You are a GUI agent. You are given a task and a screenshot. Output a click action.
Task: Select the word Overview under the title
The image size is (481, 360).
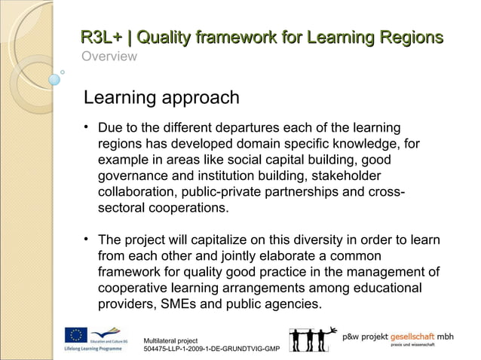click(x=109, y=57)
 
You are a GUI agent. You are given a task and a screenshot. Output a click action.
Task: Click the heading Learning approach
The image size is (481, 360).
click(x=161, y=98)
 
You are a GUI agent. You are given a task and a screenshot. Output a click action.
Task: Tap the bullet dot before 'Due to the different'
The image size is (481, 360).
click(x=87, y=125)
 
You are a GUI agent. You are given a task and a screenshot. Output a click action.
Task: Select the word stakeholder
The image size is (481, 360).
click(x=342, y=177)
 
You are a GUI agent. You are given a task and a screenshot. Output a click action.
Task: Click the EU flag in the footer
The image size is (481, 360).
click(x=77, y=334)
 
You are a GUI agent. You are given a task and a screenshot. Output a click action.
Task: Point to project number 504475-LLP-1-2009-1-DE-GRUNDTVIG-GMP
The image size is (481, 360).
click(x=211, y=351)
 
